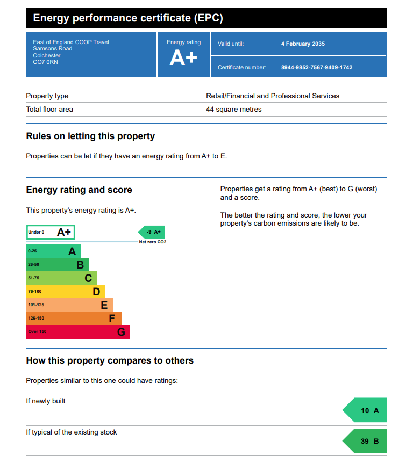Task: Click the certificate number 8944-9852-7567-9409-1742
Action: [316, 68]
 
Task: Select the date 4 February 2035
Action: [303, 44]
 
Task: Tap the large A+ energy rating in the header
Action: [183, 58]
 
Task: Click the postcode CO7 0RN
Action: [45, 62]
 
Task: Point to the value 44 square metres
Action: [234, 110]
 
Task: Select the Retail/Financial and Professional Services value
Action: [273, 96]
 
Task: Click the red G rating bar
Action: [78, 332]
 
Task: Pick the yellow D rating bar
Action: [66, 292]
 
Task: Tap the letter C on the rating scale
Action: [88, 278]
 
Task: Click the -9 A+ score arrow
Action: [152, 232]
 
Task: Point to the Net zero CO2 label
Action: [153, 242]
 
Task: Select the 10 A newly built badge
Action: [365, 411]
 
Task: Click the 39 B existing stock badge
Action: [365, 442]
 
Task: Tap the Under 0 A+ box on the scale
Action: [51, 232]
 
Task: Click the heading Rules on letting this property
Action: [90, 136]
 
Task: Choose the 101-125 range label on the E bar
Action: [36, 305]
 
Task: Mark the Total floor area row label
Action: [49, 110]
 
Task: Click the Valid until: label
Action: [231, 44]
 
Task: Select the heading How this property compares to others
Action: [110, 361]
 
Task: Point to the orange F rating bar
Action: [74, 319]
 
